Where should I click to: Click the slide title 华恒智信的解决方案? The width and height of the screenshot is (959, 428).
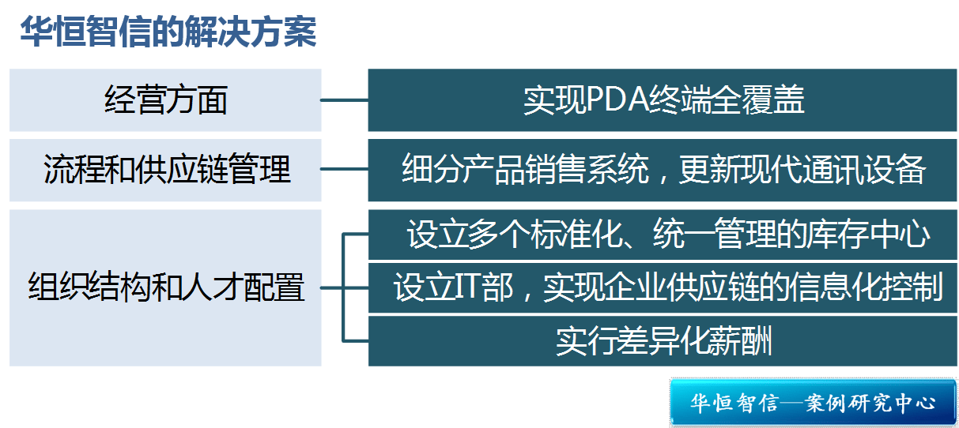168,32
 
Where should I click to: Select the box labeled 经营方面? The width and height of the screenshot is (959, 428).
165,100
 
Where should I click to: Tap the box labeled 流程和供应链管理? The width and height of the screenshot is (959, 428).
165,170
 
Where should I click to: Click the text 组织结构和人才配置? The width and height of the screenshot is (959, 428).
166,287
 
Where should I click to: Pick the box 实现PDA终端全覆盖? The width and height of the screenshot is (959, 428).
663,100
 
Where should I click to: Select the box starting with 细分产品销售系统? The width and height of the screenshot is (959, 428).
663,170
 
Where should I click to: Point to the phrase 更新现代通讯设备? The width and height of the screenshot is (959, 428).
802,170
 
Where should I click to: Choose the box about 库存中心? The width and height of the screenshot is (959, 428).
663,235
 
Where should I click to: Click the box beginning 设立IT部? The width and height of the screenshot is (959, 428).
663,287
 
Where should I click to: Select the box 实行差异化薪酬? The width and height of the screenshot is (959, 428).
663,341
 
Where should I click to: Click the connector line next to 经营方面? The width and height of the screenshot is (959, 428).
345,100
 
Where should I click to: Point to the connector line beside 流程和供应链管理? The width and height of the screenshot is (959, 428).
345,169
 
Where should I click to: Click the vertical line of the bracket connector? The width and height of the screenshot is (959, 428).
343,287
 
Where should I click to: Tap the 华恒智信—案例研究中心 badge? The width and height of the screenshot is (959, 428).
813,403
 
